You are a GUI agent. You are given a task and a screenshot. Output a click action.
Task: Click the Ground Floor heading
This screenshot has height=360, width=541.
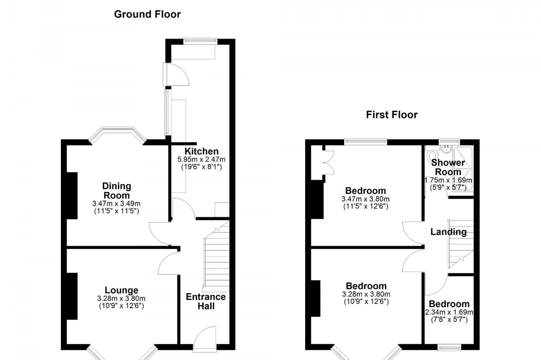[147, 14]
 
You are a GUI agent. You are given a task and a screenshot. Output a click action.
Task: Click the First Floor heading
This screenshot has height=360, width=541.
[392, 115]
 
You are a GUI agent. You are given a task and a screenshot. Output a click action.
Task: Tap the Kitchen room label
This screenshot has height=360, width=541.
[201, 151]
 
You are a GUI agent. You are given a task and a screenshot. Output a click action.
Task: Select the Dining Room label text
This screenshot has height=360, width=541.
[116, 191]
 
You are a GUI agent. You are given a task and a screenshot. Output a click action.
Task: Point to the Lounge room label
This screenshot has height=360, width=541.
[121, 290]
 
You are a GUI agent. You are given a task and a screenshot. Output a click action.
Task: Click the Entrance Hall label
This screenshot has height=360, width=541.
[206, 301]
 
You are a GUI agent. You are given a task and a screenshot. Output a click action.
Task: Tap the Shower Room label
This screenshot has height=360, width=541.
[448, 167]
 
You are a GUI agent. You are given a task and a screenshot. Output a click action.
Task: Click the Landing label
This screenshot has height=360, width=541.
[448, 232]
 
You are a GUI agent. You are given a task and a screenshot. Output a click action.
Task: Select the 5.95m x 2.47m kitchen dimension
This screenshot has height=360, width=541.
[201, 159]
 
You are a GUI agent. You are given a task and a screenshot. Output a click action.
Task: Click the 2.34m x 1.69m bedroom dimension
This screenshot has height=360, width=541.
[449, 312]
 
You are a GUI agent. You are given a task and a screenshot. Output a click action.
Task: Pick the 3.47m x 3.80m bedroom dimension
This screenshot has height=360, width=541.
[365, 199]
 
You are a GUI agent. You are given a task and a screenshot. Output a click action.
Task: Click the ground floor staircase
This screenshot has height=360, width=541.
[217, 258]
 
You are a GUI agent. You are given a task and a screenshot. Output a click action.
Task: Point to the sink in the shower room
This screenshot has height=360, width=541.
[446, 148]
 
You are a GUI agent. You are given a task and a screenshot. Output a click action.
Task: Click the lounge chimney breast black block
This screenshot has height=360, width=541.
[72, 296]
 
